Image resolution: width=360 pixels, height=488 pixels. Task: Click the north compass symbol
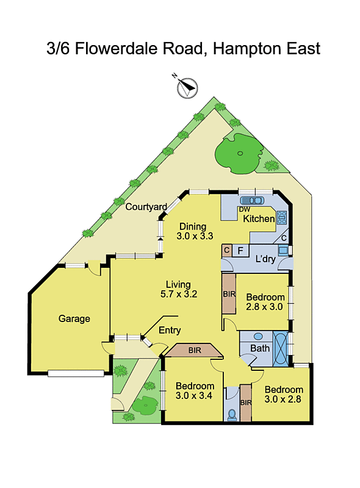pyautogui.click(x=187, y=88)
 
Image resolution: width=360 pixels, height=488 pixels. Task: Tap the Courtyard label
pyautogui.click(x=146, y=207)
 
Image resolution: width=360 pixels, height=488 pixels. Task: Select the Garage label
pyautogui.click(x=74, y=318)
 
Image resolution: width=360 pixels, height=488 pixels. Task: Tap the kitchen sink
pyautogui.click(x=251, y=199)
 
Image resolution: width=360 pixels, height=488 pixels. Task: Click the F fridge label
pyautogui.click(x=240, y=250)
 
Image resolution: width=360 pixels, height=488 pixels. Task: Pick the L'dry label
pyautogui.click(x=265, y=259)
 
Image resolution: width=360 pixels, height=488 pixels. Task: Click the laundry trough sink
pyautogui.click(x=283, y=249)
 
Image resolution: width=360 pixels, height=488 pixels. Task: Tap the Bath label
pyautogui.click(x=260, y=348)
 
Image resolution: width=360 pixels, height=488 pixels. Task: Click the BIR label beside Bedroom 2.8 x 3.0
pyautogui.click(x=229, y=293)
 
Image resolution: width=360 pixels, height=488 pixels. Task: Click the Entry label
pyautogui.click(x=170, y=331)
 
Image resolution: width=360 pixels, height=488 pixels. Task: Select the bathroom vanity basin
pyautogui.click(x=257, y=336)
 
